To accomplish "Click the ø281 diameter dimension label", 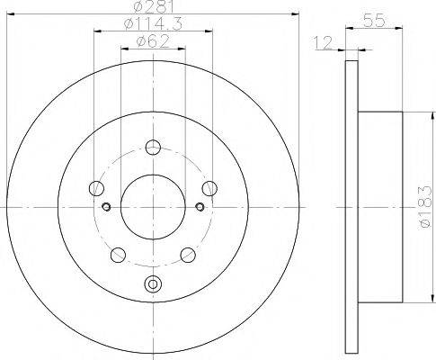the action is coord(154,6).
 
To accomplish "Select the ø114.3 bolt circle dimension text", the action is coord(153,23).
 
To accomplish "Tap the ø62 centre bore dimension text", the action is coord(153,41).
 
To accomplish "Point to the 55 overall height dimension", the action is coord(374,21).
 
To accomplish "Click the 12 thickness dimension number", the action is coord(324,42).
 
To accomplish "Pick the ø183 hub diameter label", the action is coord(424,207).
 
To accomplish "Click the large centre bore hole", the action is coord(153,207).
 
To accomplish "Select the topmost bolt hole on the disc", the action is coord(153,147).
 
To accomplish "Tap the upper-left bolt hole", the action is coord(96,188).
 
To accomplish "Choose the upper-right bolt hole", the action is coord(209,188).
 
